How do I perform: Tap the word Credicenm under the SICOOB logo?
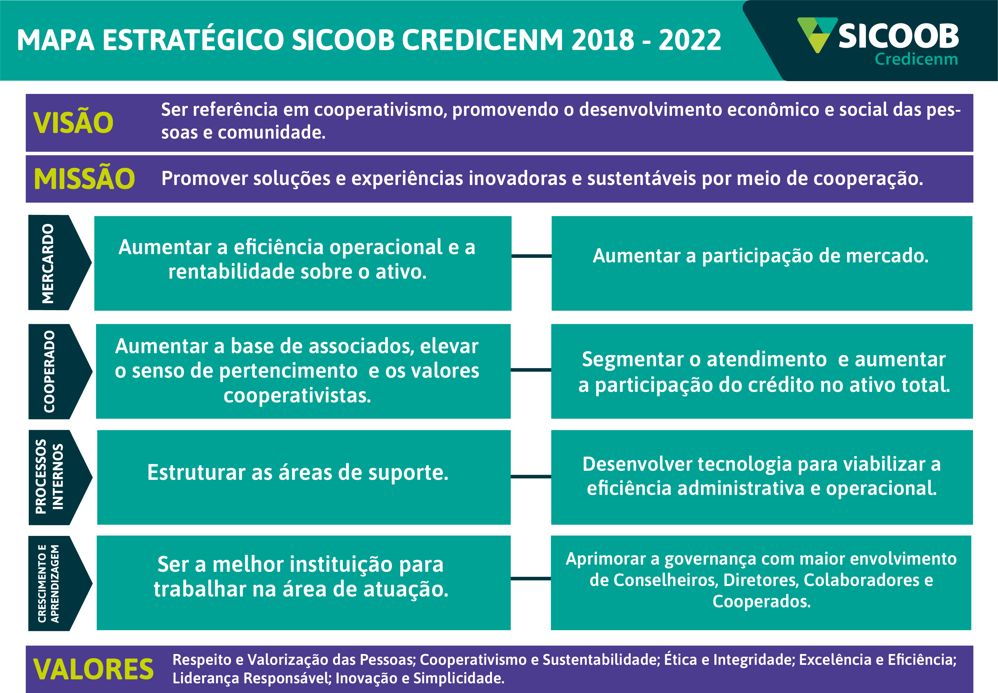click(916, 59)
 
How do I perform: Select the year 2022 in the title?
click(690, 40)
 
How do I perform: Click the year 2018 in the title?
click(603, 40)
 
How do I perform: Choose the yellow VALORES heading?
click(93, 669)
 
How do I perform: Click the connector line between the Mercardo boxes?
click(532, 256)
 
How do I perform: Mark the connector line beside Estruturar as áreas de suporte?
click(531, 476)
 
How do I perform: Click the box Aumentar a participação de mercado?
click(762, 263)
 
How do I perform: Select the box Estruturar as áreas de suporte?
click(304, 477)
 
